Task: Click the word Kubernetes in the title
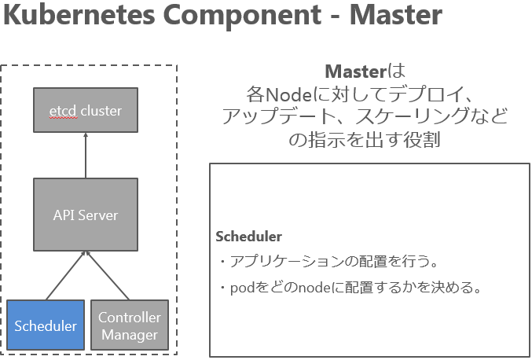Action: (x=79, y=15)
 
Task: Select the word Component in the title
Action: (x=242, y=16)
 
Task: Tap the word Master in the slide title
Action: (x=395, y=15)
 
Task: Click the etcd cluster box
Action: (x=86, y=110)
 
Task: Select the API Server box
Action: (x=86, y=215)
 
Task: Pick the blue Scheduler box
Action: (x=46, y=325)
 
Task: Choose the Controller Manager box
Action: (x=130, y=325)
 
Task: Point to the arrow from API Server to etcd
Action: (x=86, y=155)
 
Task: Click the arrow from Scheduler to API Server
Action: (x=65, y=276)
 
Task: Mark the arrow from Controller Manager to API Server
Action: (x=108, y=276)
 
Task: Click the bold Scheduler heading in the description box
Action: (x=248, y=237)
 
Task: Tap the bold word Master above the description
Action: (x=355, y=72)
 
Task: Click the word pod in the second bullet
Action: (x=242, y=288)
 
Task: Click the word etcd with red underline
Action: (x=63, y=111)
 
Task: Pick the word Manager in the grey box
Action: (x=130, y=335)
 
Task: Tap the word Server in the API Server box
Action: (x=97, y=215)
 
